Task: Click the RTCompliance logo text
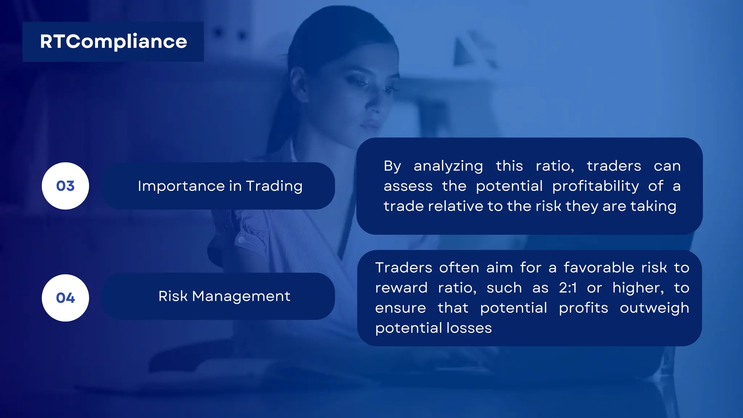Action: [114, 41]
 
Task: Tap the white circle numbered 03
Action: [65, 186]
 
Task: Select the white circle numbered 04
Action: [65, 298]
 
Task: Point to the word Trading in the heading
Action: [274, 186]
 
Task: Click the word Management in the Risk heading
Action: [241, 296]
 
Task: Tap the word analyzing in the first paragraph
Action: [448, 167]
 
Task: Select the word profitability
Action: [595, 187]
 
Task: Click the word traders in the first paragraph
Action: [614, 166]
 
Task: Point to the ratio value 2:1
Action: [568, 288]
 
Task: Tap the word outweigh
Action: [654, 308]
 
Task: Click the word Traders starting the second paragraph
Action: [403, 268]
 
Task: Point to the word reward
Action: [401, 288]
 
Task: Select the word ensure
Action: [401, 308]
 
